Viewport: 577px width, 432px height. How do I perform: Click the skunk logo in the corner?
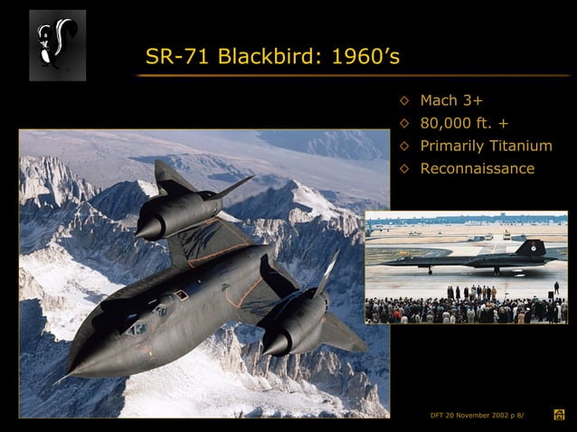57,44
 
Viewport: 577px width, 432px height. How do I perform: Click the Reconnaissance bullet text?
477,168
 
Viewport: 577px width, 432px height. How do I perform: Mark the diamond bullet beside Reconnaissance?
404,168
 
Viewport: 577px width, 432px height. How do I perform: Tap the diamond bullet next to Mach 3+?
404,99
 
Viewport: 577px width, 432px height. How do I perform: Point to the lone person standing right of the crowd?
556,288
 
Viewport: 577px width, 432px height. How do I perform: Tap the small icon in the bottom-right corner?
559,415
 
